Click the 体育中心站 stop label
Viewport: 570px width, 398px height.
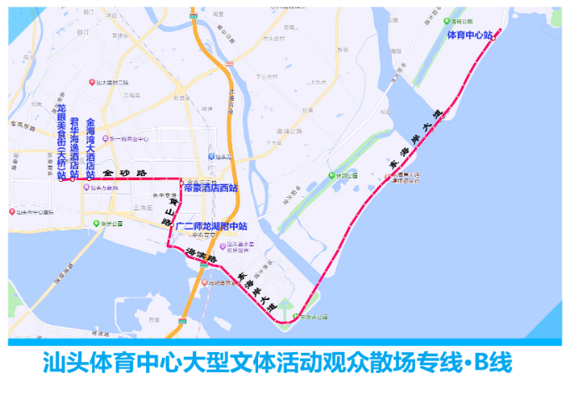point(469,36)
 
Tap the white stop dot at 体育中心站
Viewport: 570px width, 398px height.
point(494,38)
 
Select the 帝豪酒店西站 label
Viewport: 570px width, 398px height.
point(210,188)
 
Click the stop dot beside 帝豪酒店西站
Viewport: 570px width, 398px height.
point(181,181)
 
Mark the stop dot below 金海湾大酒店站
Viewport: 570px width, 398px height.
point(90,178)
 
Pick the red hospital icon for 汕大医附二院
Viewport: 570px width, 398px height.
point(93,82)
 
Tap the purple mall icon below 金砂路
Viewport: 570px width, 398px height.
point(85,188)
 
